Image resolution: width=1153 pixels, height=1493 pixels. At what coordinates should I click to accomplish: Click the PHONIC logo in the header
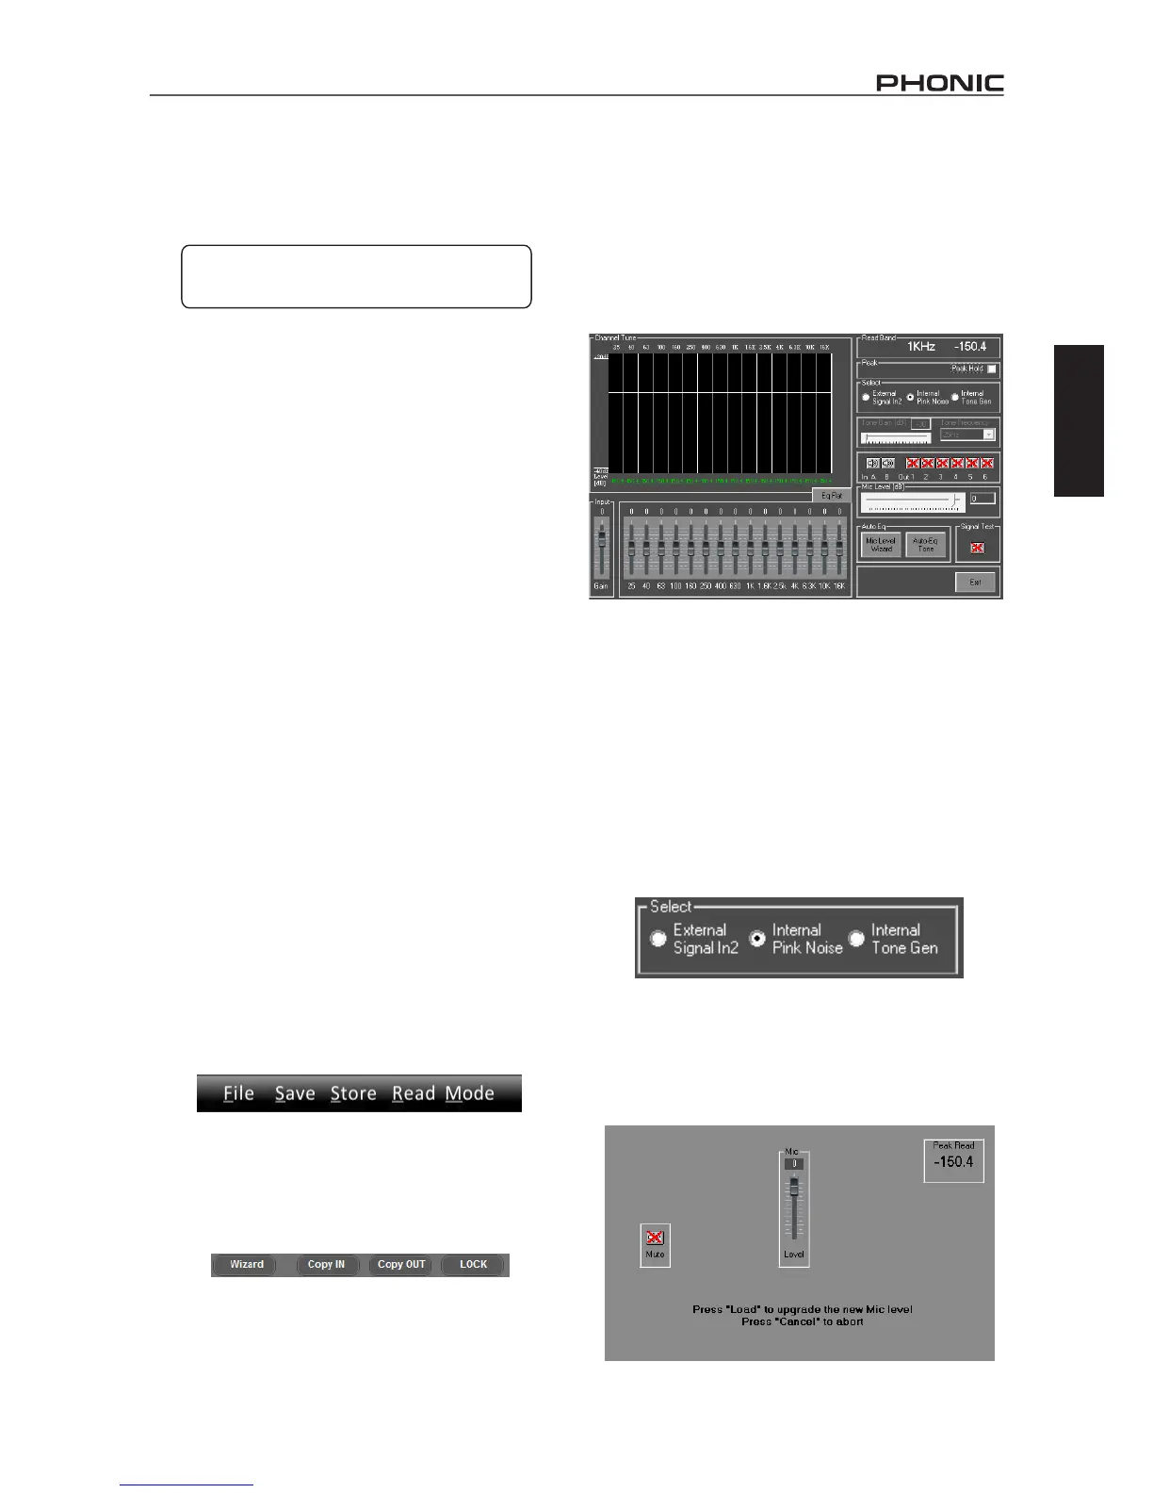point(939,83)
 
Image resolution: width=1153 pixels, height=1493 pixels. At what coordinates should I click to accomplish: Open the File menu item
point(239,1093)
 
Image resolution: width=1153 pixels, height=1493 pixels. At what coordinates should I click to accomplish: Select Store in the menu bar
point(353,1093)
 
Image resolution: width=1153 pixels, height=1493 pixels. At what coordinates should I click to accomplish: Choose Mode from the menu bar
point(470,1093)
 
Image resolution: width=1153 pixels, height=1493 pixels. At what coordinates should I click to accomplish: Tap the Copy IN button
point(327,1265)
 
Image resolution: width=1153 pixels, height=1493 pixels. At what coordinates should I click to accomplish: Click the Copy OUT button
point(401,1265)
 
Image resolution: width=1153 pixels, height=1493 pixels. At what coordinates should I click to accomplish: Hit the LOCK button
point(473,1265)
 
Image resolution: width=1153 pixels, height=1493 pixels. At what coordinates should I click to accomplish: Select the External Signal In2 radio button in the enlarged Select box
point(659,939)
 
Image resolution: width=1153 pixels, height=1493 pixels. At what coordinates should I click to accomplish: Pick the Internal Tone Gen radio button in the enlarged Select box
point(856,939)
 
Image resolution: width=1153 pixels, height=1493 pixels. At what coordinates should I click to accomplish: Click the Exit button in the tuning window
point(975,582)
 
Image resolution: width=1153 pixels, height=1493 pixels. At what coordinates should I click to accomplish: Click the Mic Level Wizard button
point(881,545)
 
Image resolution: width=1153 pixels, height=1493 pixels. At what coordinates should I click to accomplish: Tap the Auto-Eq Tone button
point(925,545)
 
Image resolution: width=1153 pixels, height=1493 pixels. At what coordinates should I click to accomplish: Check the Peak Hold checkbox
point(991,369)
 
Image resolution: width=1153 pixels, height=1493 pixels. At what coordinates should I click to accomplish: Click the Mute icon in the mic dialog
point(655,1238)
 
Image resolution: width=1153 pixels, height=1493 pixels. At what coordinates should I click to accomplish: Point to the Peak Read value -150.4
point(953,1162)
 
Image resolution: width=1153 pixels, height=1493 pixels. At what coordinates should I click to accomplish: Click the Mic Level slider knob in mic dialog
point(794,1186)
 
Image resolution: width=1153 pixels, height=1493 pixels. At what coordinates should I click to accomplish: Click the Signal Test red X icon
point(977,547)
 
